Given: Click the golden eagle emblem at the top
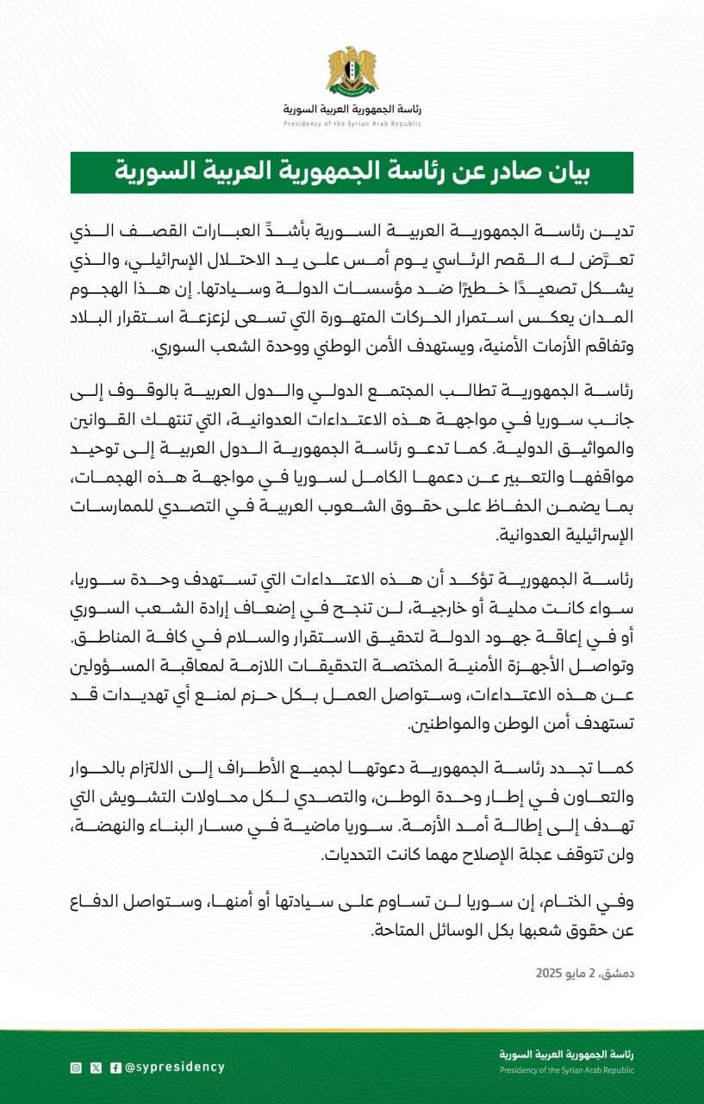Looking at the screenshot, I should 352,72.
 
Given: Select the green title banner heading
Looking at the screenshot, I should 352,172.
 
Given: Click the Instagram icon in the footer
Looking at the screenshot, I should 76,1067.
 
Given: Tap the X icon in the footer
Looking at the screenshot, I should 96,1067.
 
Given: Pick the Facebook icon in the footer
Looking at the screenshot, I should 115,1067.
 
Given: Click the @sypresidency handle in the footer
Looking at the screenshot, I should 175,1067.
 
